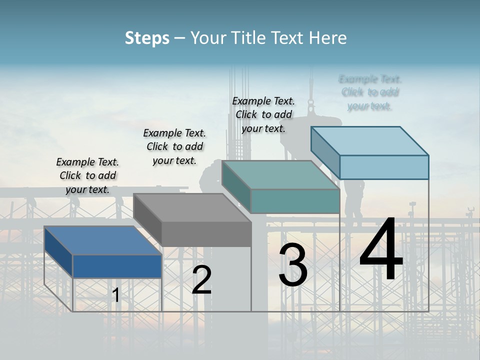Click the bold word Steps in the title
147,38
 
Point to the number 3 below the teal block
293,265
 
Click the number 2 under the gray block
201,280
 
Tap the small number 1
116,295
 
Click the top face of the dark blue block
102,240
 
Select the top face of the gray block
192,207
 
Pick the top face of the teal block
280,175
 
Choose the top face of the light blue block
370,140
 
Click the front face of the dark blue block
117,266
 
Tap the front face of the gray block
206,234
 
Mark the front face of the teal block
295,201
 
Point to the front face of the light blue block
384,167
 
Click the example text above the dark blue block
87,175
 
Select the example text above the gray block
174,146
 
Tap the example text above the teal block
263,114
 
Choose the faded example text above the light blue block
370,92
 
